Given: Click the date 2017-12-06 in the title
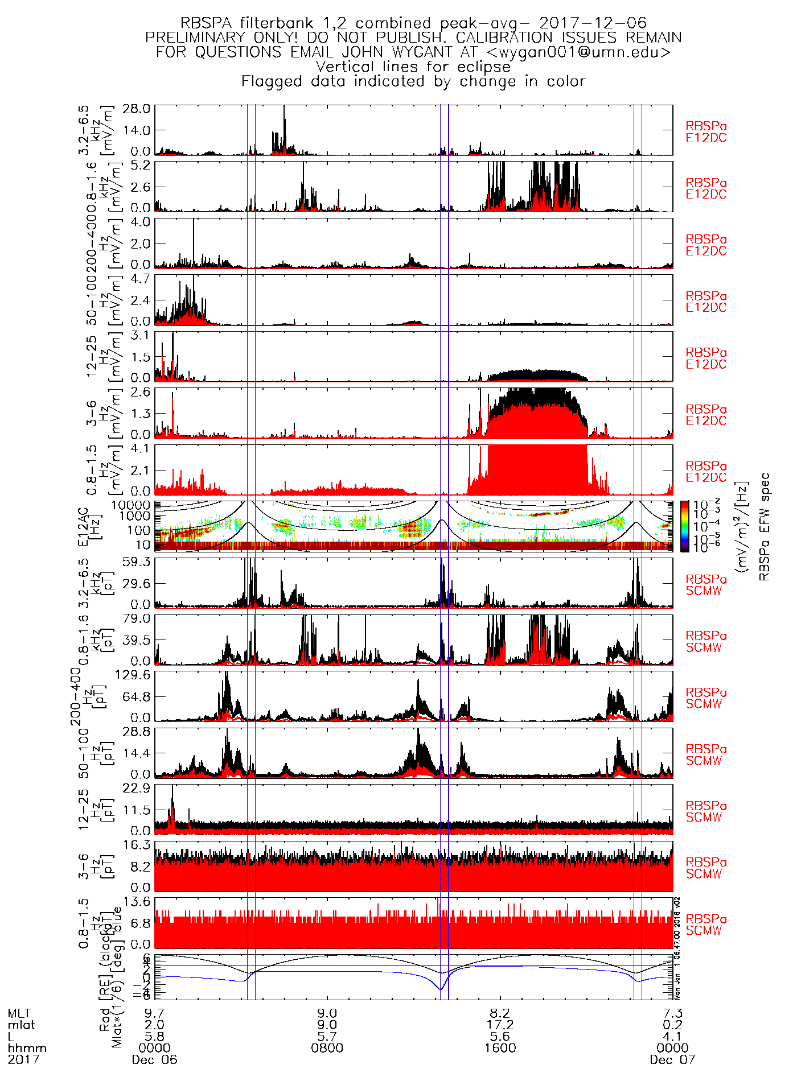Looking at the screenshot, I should tap(593, 23).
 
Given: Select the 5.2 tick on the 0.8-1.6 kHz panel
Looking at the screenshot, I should tap(141, 166).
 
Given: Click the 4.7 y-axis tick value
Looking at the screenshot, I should tap(141, 279).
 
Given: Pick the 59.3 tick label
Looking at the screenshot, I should tap(137, 562).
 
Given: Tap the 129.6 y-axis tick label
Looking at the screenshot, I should tap(133, 675).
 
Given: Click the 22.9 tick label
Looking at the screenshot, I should tap(137, 789).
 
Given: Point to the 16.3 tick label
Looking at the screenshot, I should tap(137, 845).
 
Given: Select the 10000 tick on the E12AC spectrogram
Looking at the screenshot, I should tap(131, 505).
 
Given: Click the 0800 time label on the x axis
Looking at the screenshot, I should tap(327, 1048).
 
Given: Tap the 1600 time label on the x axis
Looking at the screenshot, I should tap(500, 1048).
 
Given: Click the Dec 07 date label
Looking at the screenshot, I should tap(672, 1059).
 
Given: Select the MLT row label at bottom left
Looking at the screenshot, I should tap(19, 1014).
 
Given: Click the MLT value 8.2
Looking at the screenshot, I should tap(500, 1014).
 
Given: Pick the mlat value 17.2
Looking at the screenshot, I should tap(500, 1025).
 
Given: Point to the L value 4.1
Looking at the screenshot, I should tap(672, 1037).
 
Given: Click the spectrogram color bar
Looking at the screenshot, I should tap(684, 526).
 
